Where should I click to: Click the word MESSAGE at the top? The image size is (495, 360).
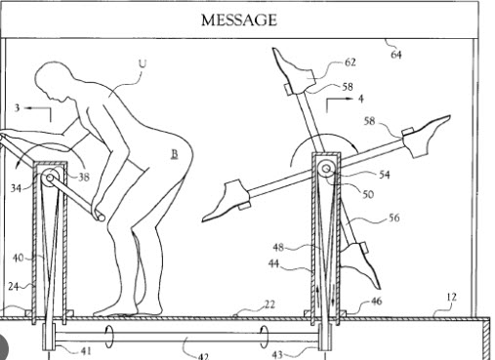click(238, 20)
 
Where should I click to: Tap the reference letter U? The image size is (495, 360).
click(143, 63)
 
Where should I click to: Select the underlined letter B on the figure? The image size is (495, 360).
click(175, 154)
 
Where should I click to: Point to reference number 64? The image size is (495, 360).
click(395, 55)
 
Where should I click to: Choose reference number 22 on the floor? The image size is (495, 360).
click(268, 304)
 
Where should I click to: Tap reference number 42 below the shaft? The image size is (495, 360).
click(203, 355)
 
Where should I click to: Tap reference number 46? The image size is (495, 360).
click(376, 302)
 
